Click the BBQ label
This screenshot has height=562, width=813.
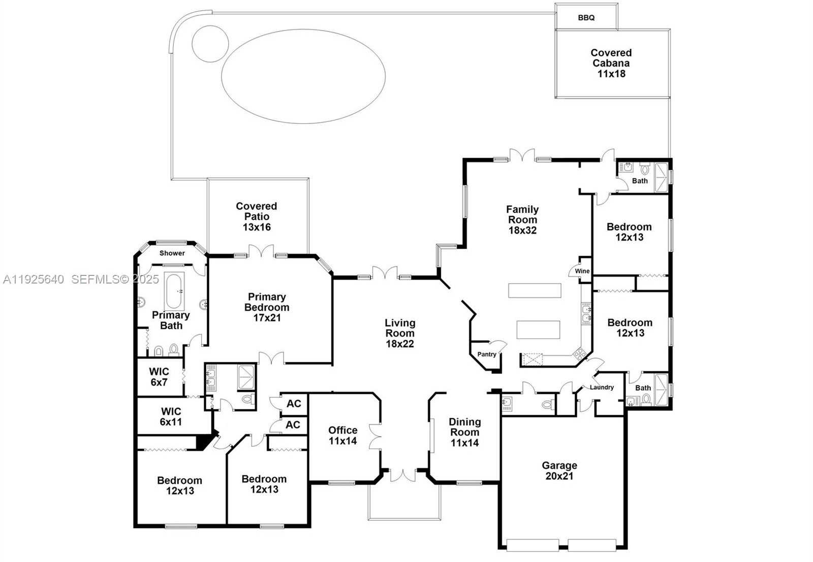click(x=586, y=18)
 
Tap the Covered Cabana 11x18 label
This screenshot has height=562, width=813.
click(x=611, y=63)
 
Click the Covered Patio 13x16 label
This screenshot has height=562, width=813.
click(x=257, y=216)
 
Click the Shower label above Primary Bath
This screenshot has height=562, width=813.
click(x=172, y=253)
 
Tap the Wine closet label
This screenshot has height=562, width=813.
click(x=582, y=271)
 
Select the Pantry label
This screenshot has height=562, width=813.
click(x=486, y=354)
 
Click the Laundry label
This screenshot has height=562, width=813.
click(x=602, y=387)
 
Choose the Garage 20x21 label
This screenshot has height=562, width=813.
click(x=559, y=471)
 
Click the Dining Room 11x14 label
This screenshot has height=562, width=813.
click(x=464, y=432)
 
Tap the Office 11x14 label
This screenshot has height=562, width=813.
click(x=342, y=435)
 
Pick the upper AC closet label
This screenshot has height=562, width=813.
click(x=294, y=403)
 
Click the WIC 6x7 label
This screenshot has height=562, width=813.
click(x=159, y=377)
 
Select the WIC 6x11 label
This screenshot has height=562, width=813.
click(x=171, y=416)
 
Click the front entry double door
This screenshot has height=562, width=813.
click(x=403, y=475)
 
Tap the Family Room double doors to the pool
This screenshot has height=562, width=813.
click(x=522, y=155)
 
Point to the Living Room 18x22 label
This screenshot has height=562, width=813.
click(x=400, y=333)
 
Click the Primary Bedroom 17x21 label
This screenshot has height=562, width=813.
click(x=267, y=307)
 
